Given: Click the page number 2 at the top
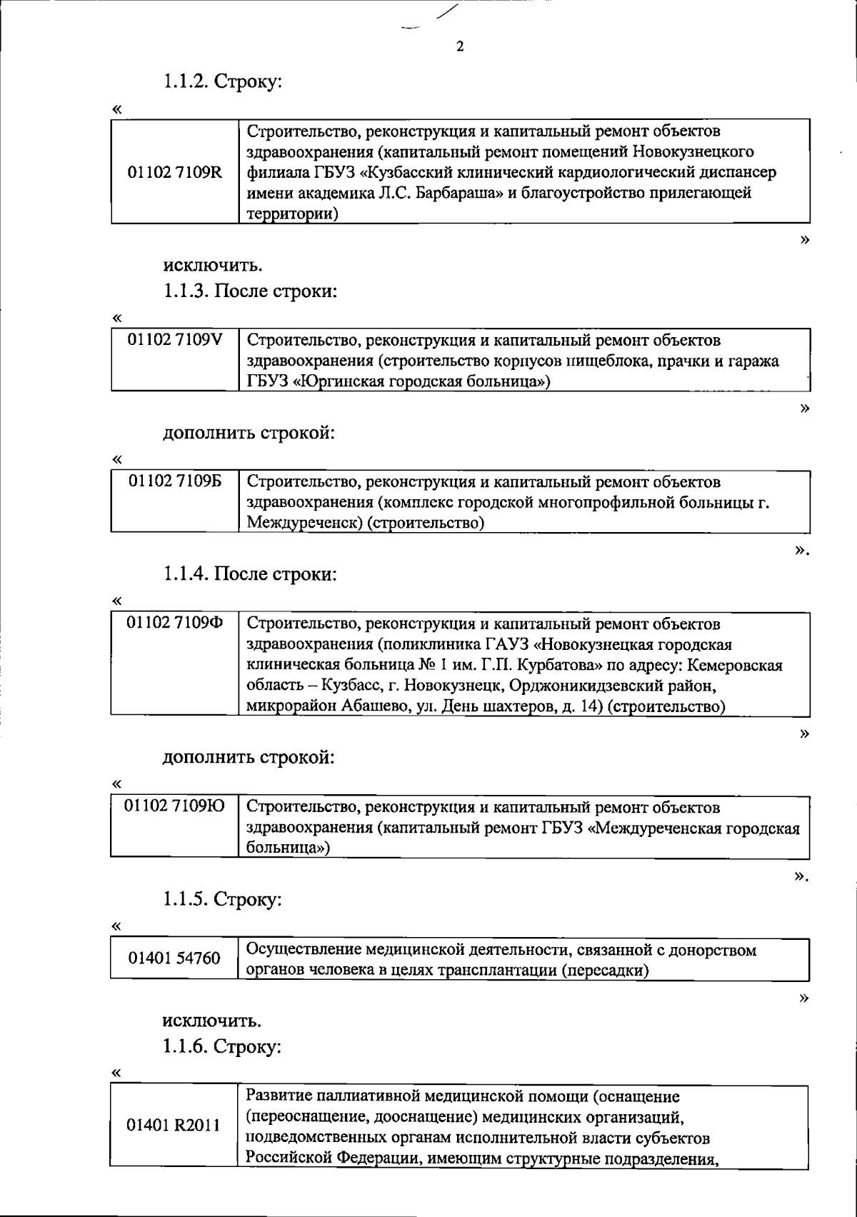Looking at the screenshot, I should pos(459,47).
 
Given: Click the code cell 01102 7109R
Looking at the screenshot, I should pos(174,172).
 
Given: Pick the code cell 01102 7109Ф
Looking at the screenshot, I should pos(174,623).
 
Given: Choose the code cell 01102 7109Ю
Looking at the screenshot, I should pos(174,807).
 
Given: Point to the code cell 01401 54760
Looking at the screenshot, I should pos(174,958).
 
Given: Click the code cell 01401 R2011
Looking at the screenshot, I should pos(174,1126).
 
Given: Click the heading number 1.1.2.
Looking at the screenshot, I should pos(185,82).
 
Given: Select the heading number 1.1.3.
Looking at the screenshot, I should pos(185,291).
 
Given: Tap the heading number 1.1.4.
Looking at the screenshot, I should pos(185,574).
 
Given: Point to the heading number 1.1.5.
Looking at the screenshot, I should pos(185,899).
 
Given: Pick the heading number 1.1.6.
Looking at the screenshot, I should pos(185,1047).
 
